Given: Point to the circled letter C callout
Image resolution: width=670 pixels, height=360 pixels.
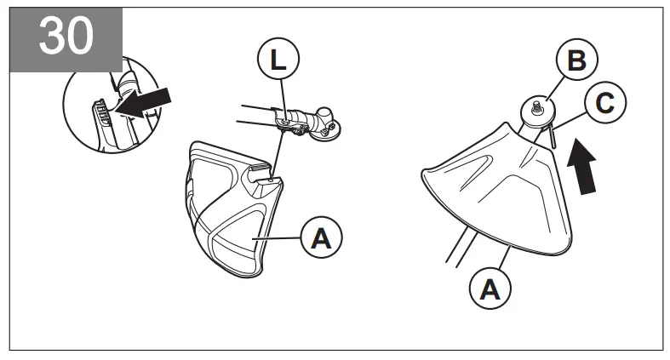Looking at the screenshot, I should (x=604, y=105).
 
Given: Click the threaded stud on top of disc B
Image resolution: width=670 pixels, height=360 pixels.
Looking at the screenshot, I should (x=539, y=105).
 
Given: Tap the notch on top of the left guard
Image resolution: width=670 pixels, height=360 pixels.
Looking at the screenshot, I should (x=266, y=177).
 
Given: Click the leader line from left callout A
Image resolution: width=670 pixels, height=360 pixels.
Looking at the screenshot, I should (x=279, y=240).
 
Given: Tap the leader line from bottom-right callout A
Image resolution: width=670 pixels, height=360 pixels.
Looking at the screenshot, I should (x=501, y=260).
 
